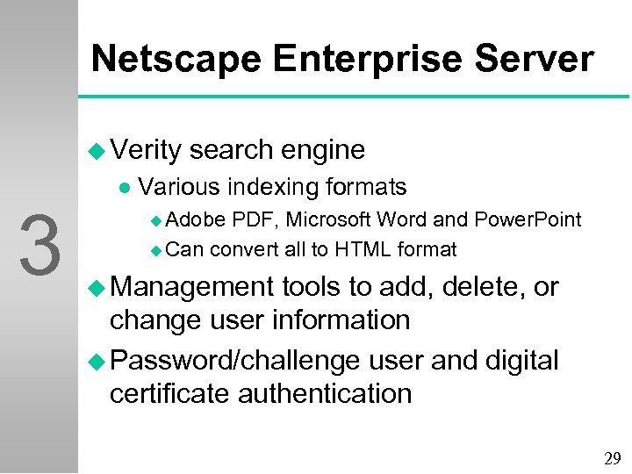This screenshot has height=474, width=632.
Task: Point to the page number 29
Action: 612,457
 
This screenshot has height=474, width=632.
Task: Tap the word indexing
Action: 275,187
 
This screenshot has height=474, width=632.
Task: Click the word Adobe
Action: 196,219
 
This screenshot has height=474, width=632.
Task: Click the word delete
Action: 479,287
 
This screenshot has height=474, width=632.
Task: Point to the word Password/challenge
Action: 235,360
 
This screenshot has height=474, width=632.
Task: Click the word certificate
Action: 173,393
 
